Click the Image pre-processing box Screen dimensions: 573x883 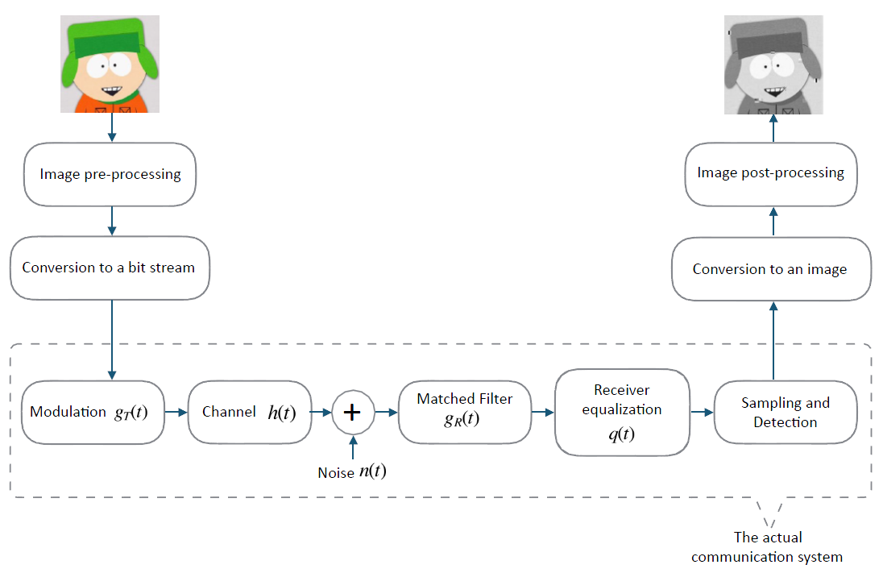tap(110, 174)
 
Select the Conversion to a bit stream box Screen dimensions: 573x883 tap(109, 268)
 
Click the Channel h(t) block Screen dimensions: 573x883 tap(249, 412)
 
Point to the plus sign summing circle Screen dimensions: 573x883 tap(352, 413)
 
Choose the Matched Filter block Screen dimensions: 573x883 tap(464, 412)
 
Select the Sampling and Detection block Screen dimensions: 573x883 tap(785, 412)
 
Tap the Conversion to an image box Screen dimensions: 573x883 tap(770, 269)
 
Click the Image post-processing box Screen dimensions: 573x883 tap(770, 173)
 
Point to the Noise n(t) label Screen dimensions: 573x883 tap(352, 472)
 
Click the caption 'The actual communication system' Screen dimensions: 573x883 tap(767, 546)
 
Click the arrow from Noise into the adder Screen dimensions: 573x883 tap(352, 448)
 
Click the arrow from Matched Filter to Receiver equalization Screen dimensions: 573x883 tap(541, 412)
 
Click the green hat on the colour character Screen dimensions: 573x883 tap(109, 36)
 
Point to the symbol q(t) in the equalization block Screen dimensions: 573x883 tap(622, 434)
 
